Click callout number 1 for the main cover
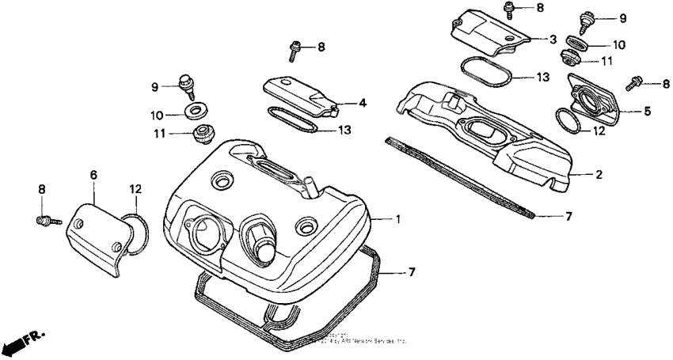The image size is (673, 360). click(398, 218)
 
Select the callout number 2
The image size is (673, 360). click(599, 174)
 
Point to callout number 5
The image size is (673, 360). click(647, 112)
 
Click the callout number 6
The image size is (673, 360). click(93, 173)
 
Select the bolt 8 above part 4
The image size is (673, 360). click(295, 50)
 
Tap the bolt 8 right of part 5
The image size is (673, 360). click(635, 83)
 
